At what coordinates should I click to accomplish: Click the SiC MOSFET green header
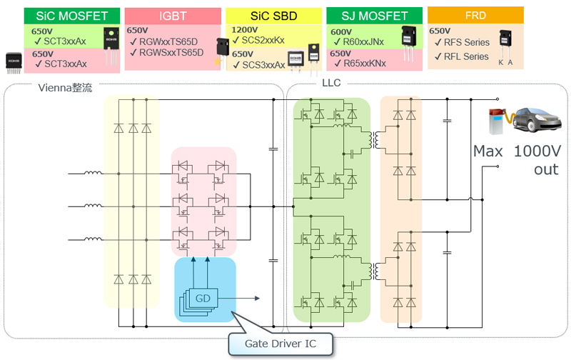pos(71,14)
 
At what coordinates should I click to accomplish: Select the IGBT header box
pos(172,16)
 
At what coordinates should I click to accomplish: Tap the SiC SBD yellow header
pos(272,16)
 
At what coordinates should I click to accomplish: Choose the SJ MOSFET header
pos(373,15)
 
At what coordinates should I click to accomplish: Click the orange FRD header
pos(475,14)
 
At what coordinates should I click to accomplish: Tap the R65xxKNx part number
pos(363,64)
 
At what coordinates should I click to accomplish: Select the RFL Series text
pos(465,56)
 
